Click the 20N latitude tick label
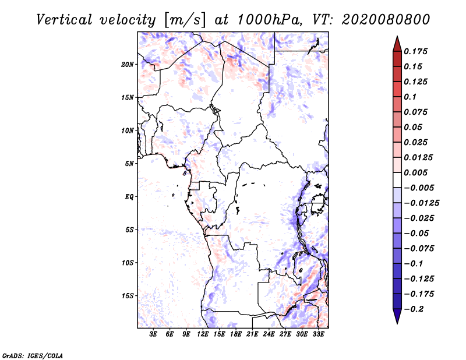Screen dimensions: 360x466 pyautogui.click(x=128, y=64)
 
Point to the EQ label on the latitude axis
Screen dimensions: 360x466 pyautogui.click(x=129, y=197)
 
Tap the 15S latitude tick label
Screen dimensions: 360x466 pyautogui.click(x=128, y=296)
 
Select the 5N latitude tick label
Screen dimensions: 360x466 pyautogui.click(x=129, y=164)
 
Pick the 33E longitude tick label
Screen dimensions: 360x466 pyautogui.click(x=318, y=334)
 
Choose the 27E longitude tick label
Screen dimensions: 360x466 pyautogui.click(x=285, y=334)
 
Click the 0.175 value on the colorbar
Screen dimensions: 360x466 pyautogui.click(x=417, y=52)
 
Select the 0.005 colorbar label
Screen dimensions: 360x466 pyautogui.click(x=417, y=173)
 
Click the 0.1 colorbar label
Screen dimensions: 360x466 pyautogui.click(x=410, y=97)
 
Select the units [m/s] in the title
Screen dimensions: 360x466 pyautogui.click(x=185, y=19)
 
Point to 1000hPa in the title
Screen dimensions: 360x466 pyautogui.click(x=266, y=19)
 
